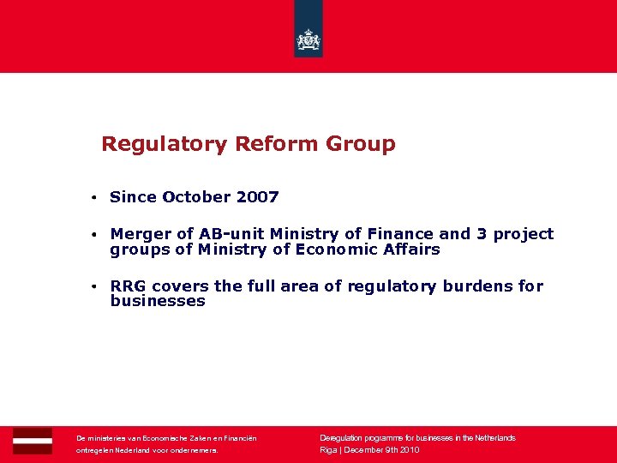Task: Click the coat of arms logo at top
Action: (x=308, y=39)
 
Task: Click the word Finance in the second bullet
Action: (x=401, y=234)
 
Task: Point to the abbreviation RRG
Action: (x=129, y=286)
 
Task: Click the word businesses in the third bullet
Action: (x=158, y=302)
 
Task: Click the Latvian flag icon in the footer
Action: (x=33, y=441)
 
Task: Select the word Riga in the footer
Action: (x=328, y=450)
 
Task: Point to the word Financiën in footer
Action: (x=239, y=438)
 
